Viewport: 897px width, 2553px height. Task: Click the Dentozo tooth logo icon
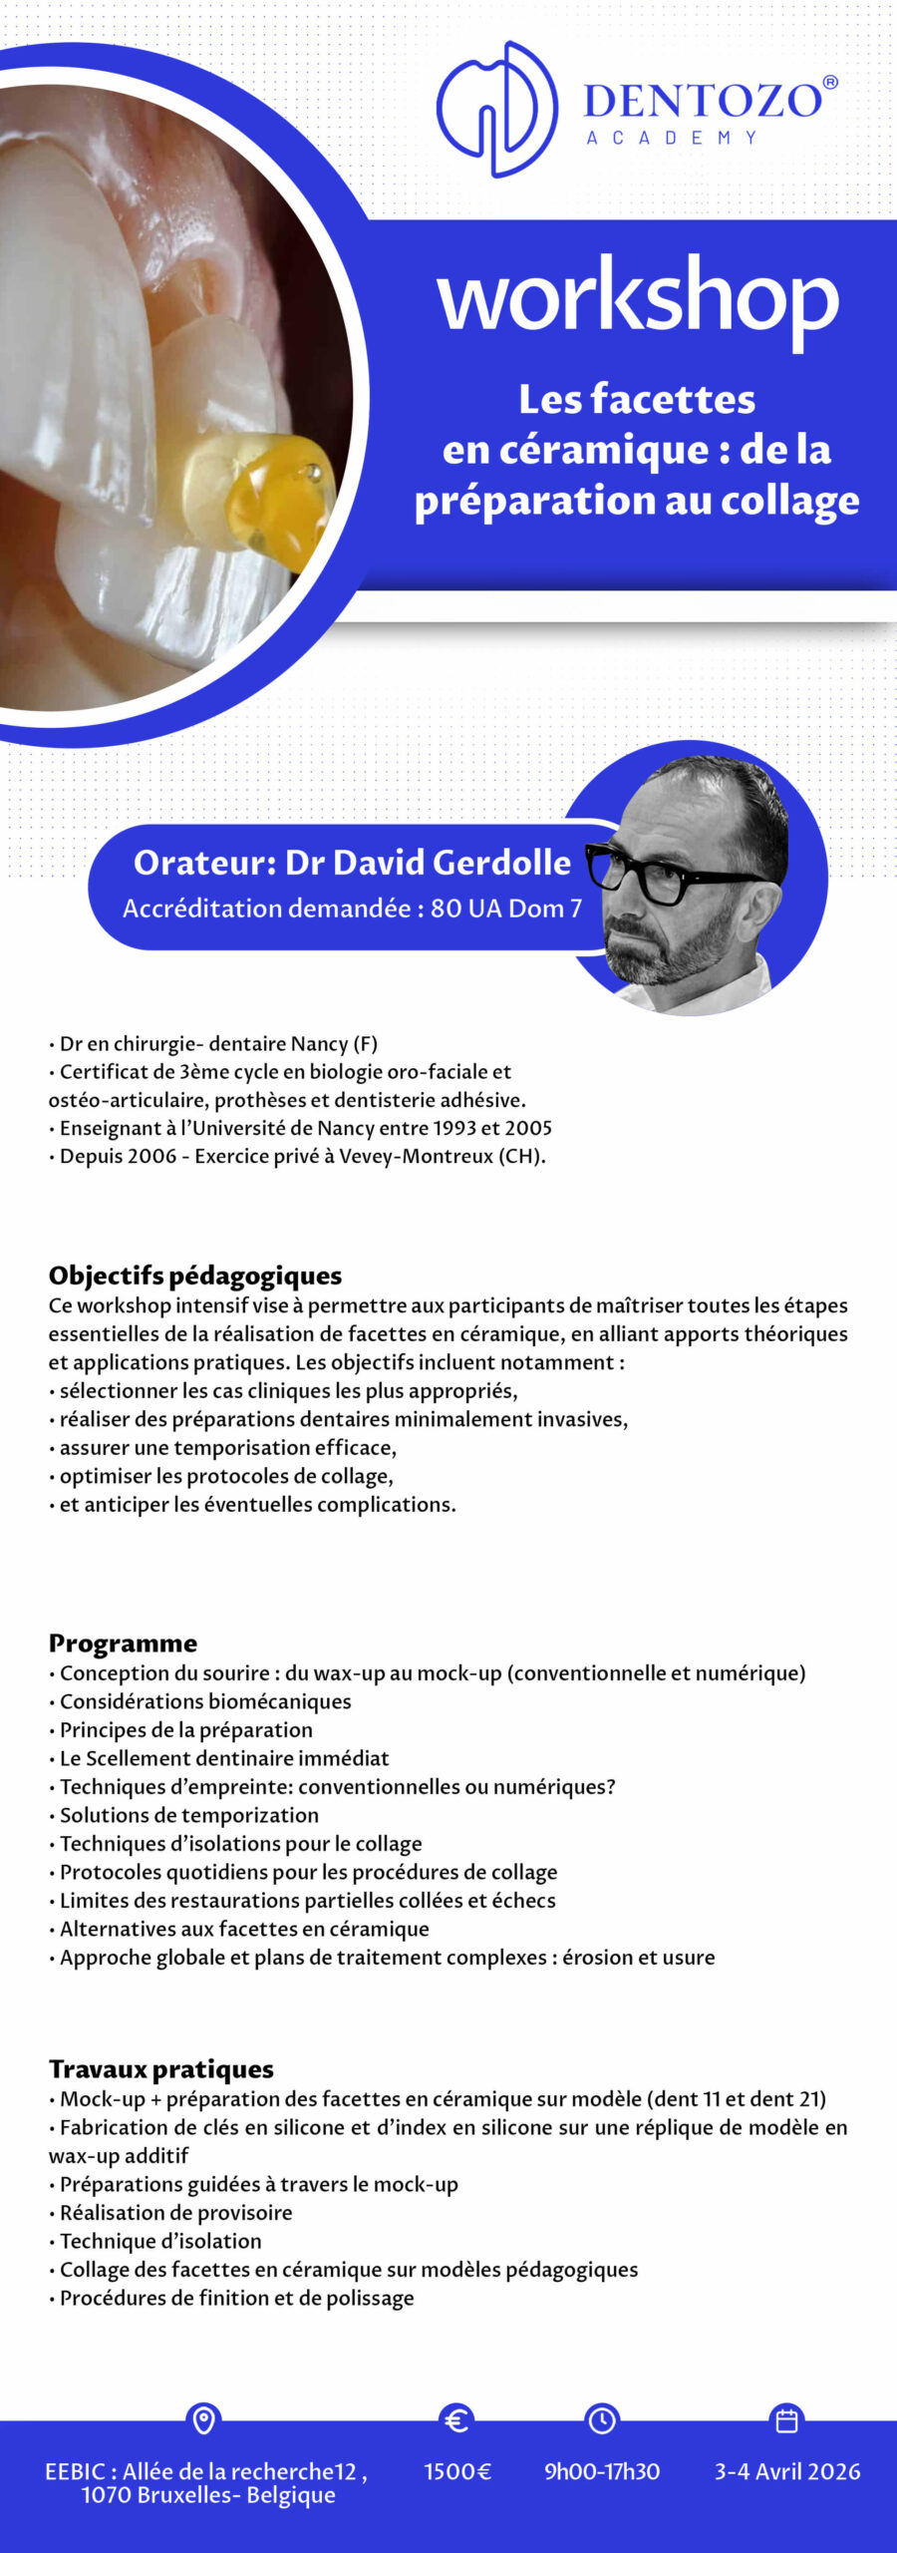(495, 109)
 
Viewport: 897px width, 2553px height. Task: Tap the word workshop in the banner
(638, 296)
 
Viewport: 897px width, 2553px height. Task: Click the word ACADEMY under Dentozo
(672, 138)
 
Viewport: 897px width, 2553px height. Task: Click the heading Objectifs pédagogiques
(195, 1276)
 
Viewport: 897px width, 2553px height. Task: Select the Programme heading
(123, 1643)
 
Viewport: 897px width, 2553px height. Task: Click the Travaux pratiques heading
(161, 2069)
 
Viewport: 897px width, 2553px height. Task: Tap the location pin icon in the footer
(203, 2420)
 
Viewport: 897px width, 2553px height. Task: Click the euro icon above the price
(456, 2420)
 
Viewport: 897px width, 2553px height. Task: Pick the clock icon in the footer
(602, 2420)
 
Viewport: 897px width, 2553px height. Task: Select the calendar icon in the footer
(786, 2420)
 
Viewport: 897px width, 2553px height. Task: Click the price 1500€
(457, 2472)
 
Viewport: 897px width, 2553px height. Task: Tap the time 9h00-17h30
(602, 2472)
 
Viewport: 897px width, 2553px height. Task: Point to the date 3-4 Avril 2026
(787, 2472)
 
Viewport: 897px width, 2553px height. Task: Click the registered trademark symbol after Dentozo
(830, 83)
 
